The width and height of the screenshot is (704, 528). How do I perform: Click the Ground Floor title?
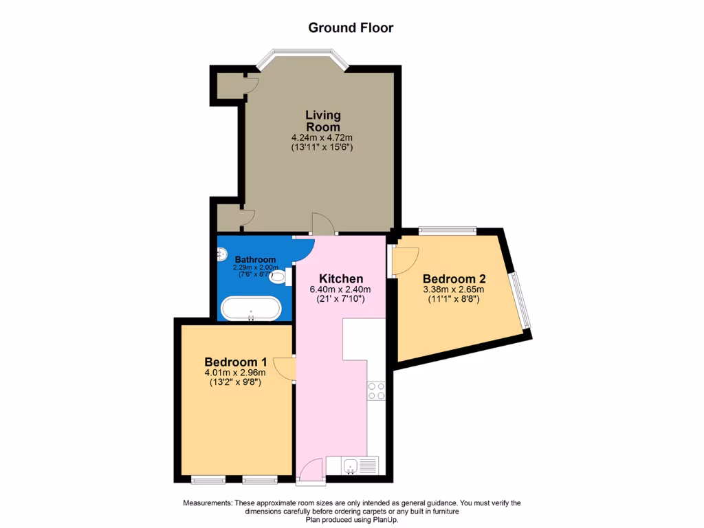(351, 28)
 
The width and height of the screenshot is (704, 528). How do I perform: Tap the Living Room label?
(322, 121)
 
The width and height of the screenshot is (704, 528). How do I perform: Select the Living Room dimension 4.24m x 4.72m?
(322, 137)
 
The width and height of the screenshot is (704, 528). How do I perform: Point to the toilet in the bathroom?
(278, 277)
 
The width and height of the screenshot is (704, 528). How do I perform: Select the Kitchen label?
(340, 279)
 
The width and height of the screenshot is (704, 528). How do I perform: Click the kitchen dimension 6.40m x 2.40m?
(340, 290)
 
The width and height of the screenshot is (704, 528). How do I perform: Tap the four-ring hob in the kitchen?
(376, 391)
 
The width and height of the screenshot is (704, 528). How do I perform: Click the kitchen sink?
(351, 466)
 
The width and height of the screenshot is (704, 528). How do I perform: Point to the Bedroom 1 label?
(236, 362)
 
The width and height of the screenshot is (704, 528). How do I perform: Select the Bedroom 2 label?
(454, 279)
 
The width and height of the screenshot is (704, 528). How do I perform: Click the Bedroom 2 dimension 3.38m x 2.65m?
(454, 290)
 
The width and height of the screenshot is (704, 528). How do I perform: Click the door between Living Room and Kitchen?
(322, 224)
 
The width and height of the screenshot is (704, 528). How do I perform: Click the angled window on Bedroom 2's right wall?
(522, 299)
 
